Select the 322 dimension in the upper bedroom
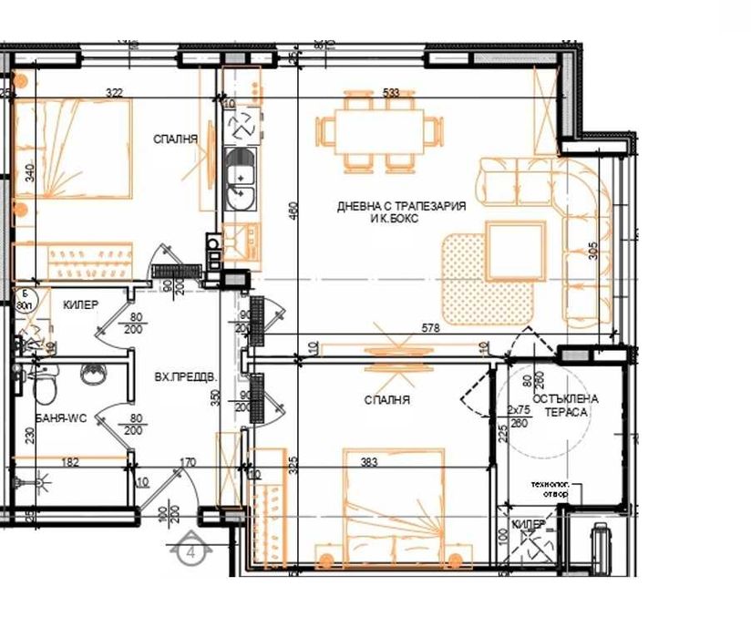point(114,92)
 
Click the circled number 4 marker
point(191,551)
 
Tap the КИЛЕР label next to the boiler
point(80,305)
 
